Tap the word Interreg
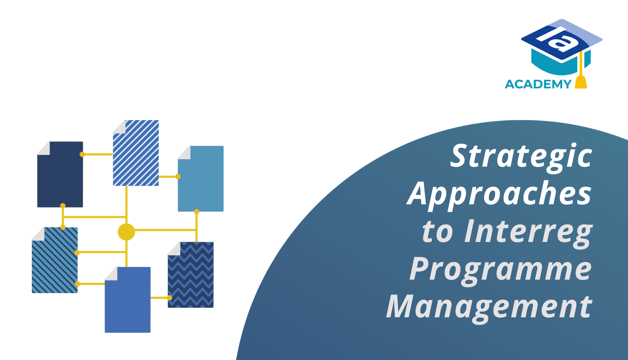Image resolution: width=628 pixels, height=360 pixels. click(x=529, y=232)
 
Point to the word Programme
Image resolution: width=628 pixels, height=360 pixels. click(x=501, y=270)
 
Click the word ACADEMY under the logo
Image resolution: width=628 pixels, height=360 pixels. click(x=538, y=84)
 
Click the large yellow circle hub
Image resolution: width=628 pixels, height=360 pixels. click(x=126, y=232)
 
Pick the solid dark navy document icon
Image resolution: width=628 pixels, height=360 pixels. click(x=60, y=175)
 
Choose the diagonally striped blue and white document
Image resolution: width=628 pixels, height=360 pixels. click(x=136, y=153)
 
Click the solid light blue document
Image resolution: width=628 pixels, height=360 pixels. click(x=201, y=179)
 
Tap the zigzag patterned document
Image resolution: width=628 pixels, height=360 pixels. click(x=191, y=275)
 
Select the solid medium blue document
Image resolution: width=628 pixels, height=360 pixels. click(x=127, y=300)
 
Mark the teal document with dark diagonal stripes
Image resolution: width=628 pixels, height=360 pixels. click(x=55, y=260)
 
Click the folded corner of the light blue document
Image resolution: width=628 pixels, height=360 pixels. click(x=184, y=153)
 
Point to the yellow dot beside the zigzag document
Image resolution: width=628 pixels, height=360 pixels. click(x=170, y=298)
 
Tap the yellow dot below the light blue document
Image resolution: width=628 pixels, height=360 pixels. click(x=197, y=212)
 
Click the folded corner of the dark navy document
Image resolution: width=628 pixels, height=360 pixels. click(x=44, y=148)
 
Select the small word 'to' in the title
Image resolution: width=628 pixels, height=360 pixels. click(x=438, y=232)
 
